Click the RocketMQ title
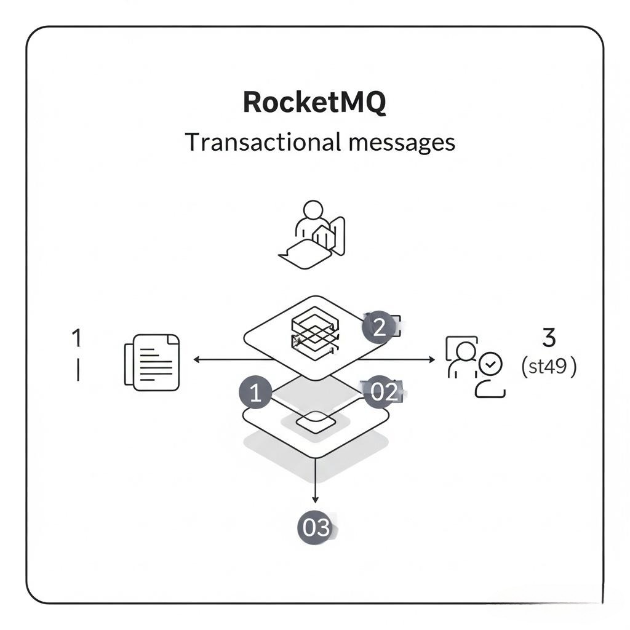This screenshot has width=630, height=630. tap(314, 102)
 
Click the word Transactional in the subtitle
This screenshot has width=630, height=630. tap(261, 142)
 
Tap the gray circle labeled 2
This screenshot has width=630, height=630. tap(378, 327)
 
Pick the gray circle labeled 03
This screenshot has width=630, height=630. tap(315, 528)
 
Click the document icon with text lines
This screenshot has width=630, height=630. tap(152, 362)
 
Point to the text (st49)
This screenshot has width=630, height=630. tap(549, 367)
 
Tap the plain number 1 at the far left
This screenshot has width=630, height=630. tap(77, 337)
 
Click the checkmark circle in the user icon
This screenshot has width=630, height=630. tap(491, 364)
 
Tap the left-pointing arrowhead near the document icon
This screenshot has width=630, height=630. tap(197, 359)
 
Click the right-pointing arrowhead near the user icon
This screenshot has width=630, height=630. tap(432, 359)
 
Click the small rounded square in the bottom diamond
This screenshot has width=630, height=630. tap(315, 422)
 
